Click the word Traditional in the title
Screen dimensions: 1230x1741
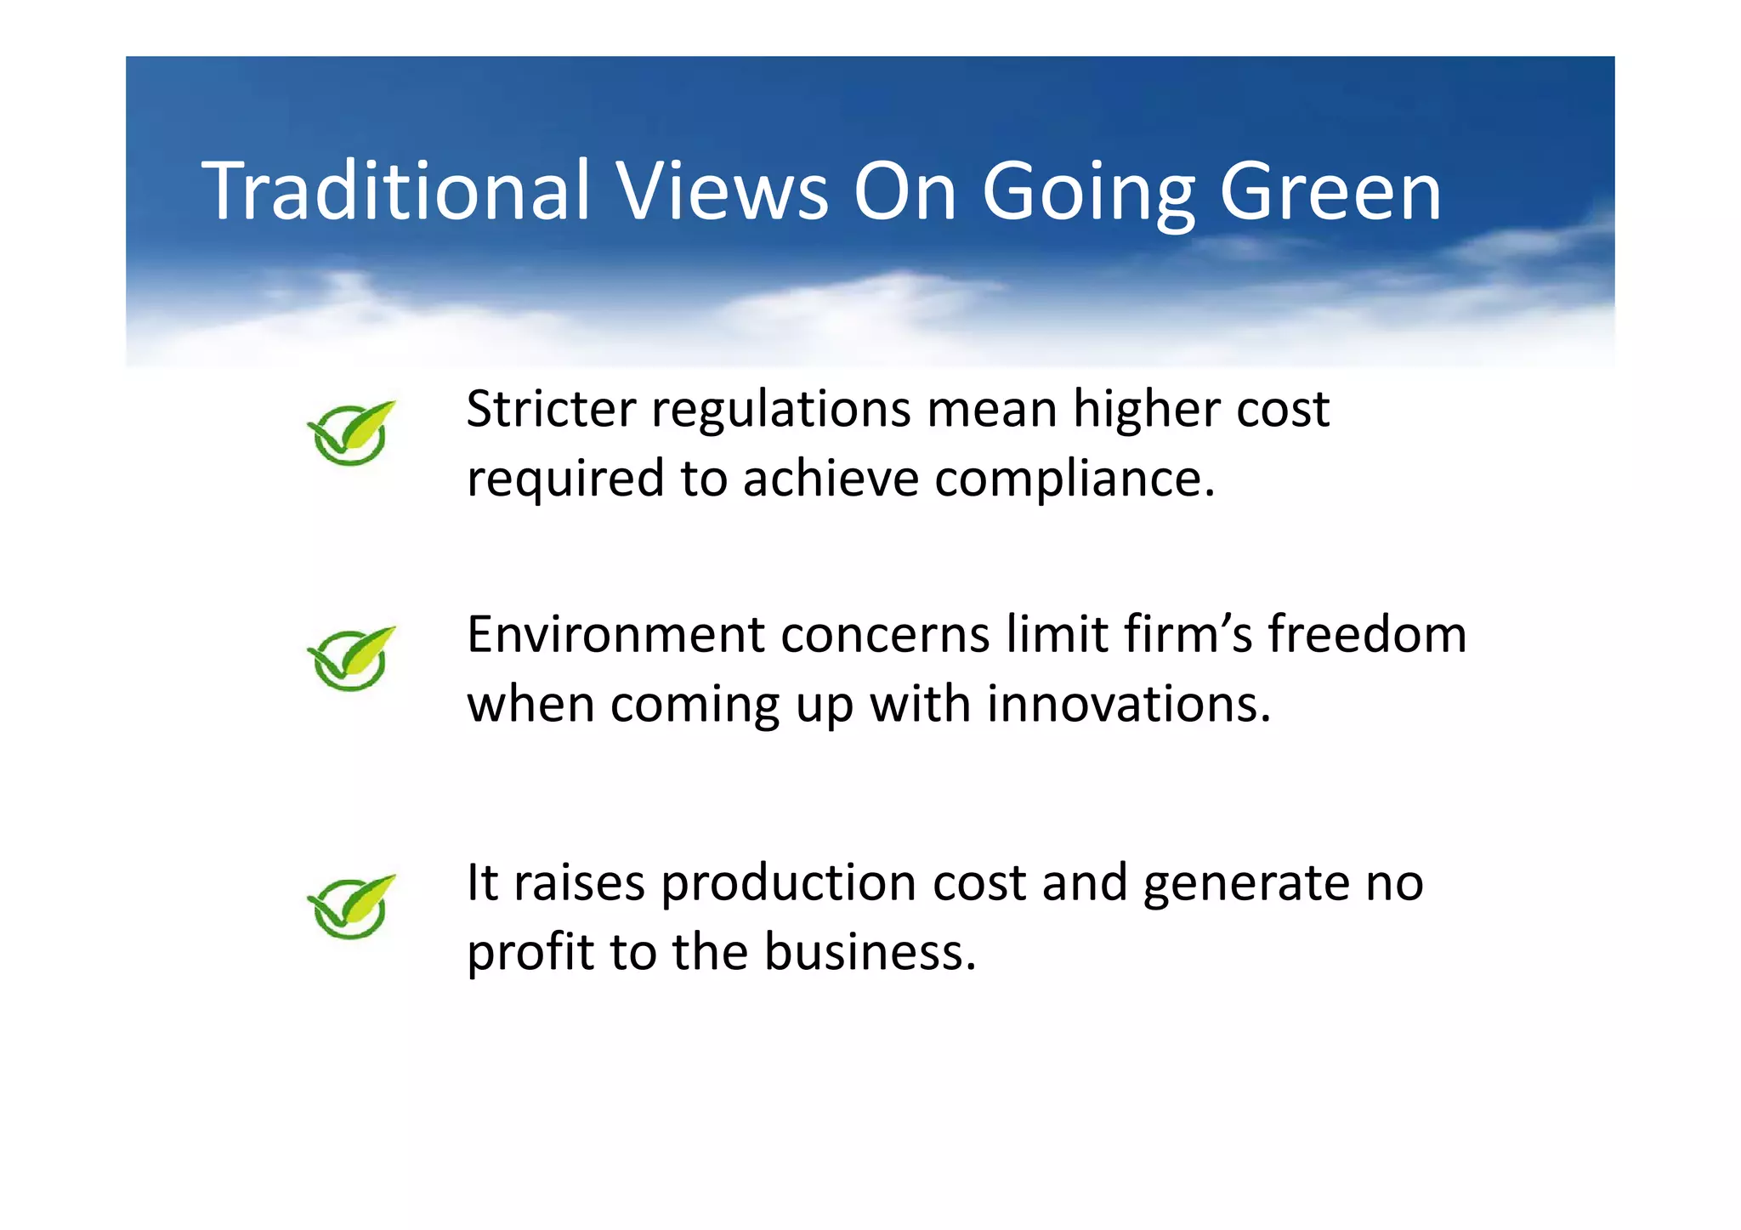coord(395,191)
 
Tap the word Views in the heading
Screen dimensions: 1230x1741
coord(722,191)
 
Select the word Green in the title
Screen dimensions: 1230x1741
coord(1330,191)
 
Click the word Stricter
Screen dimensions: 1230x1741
coord(551,409)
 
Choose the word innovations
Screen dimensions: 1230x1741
coord(1128,705)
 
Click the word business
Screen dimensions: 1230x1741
coord(870,952)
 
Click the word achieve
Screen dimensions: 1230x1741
coord(831,479)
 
